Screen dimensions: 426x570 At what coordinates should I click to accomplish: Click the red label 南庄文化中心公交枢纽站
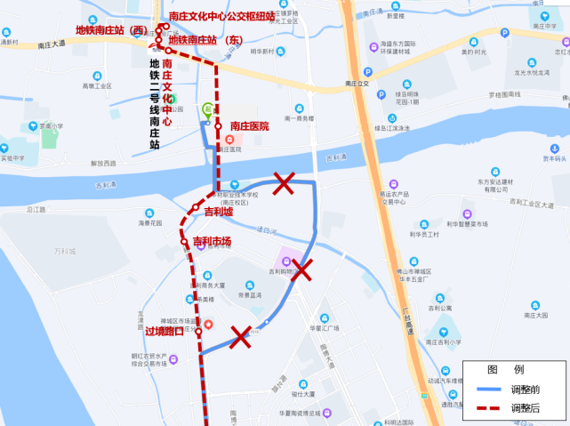(221, 16)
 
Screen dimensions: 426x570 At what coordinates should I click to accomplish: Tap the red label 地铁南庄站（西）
(111, 30)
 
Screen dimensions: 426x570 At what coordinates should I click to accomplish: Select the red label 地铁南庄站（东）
(205, 40)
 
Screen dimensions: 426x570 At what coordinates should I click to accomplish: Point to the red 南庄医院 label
(249, 126)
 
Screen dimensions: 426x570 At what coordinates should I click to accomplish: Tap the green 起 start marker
(207, 109)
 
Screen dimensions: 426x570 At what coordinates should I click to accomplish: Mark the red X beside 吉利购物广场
(301, 270)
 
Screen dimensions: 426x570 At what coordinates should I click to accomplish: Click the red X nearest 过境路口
(240, 335)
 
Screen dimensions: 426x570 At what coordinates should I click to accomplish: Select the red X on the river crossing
(284, 184)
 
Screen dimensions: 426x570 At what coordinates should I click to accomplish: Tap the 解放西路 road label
(103, 164)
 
